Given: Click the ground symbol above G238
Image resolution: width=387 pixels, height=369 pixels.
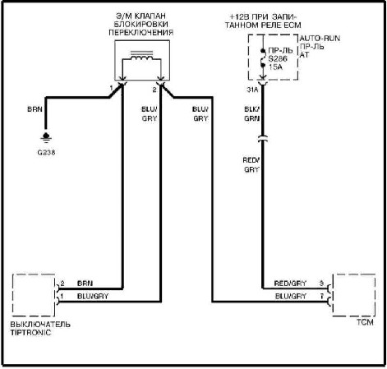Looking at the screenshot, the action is tap(46, 137).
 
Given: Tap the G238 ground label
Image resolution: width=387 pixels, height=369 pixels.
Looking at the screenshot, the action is tap(46, 152).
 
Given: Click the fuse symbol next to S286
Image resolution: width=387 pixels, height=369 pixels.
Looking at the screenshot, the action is tap(263, 58).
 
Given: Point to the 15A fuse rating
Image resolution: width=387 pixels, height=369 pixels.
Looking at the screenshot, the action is tap(275, 67).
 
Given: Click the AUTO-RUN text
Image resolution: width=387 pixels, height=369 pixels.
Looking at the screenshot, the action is tap(320, 39).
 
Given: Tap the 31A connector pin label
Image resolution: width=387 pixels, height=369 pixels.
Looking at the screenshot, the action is tap(252, 90).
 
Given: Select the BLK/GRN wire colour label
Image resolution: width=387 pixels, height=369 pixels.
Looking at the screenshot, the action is tap(252, 114).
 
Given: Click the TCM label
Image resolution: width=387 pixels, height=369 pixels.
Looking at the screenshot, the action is tap(365, 322).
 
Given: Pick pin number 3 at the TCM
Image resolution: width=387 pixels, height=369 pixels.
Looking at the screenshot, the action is tap(321, 284).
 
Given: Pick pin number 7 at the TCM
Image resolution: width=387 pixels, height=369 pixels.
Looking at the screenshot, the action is tap(322, 296).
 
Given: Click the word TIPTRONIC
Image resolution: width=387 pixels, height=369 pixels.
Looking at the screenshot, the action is tap(30, 333).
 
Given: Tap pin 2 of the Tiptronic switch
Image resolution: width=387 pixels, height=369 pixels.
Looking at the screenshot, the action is tap(62, 284).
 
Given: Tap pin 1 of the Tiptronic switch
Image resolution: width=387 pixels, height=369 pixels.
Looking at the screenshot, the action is tap(62, 296).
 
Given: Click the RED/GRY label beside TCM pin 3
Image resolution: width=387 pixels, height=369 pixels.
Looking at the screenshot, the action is tap(290, 284).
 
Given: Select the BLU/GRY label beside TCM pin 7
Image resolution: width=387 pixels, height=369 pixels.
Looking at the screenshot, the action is tap(291, 296).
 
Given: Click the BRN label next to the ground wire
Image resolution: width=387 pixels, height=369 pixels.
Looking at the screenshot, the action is tap(35, 109).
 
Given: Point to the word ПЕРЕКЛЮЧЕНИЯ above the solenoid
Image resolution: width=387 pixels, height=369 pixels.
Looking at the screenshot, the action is tap(141, 33).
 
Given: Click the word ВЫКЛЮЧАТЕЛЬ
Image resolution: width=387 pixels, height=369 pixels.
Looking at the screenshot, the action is tap(40, 325).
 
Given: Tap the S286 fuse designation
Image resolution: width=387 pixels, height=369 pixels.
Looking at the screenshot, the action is tap(278, 58).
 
